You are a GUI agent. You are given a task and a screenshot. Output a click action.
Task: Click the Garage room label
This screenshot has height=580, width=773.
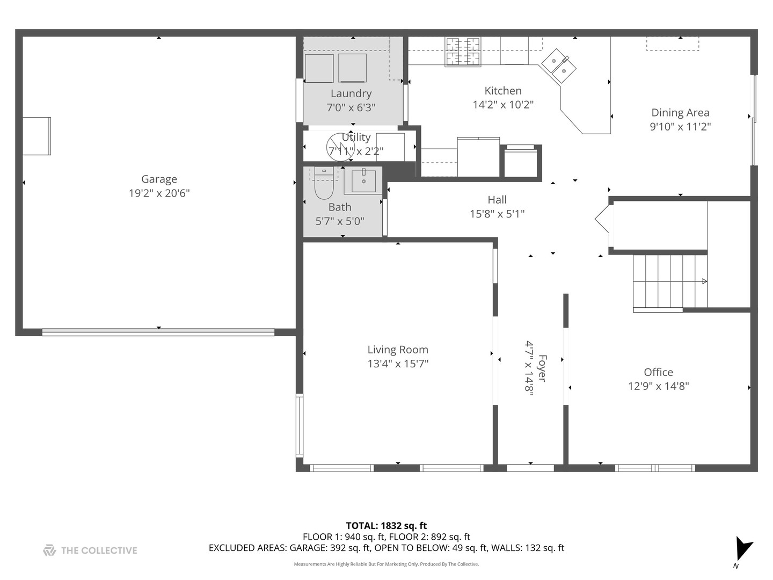(x=159, y=179)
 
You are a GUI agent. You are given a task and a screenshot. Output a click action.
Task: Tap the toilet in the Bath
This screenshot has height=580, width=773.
(x=324, y=185)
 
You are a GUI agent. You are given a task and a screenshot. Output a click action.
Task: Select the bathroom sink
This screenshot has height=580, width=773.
(x=363, y=180)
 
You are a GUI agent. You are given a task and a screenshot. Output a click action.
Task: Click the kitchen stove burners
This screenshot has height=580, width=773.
(x=463, y=52)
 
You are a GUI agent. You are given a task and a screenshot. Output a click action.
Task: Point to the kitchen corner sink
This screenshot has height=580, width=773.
(x=559, y=66)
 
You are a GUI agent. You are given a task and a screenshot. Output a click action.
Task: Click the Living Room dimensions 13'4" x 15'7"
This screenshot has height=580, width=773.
(x=398, y=364)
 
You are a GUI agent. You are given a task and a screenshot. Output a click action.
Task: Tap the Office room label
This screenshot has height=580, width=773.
(x=658, y=372)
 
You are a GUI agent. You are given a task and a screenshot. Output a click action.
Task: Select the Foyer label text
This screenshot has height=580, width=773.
(x=542, y=368)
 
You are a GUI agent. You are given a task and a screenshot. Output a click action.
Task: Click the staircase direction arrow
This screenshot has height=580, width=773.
(x=703, y=281)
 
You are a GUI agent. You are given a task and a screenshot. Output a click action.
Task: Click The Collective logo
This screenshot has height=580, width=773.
(x=90, y=550)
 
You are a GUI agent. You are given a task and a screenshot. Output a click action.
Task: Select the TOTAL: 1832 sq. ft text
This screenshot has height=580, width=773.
(x=386, y=526)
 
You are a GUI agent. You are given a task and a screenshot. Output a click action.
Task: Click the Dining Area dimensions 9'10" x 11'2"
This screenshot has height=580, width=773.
(x=680, y=127)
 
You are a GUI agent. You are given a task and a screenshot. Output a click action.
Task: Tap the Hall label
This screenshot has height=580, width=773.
(x=497, y=200)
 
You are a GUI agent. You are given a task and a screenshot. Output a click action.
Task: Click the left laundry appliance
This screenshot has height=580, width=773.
(x=319, y=68)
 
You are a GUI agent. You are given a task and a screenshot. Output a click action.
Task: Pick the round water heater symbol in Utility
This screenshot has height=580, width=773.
(x=340, y=146)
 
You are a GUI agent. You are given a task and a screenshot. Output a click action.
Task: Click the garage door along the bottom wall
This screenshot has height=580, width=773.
(x=158, y=332)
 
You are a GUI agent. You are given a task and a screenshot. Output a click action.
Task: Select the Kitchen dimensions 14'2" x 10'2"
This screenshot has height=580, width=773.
(x=503, y=105)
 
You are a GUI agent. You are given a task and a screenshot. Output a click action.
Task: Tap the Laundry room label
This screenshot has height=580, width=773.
(x=351, y=93)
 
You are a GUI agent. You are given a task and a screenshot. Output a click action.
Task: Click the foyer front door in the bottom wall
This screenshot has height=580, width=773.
(x=530, y=468)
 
